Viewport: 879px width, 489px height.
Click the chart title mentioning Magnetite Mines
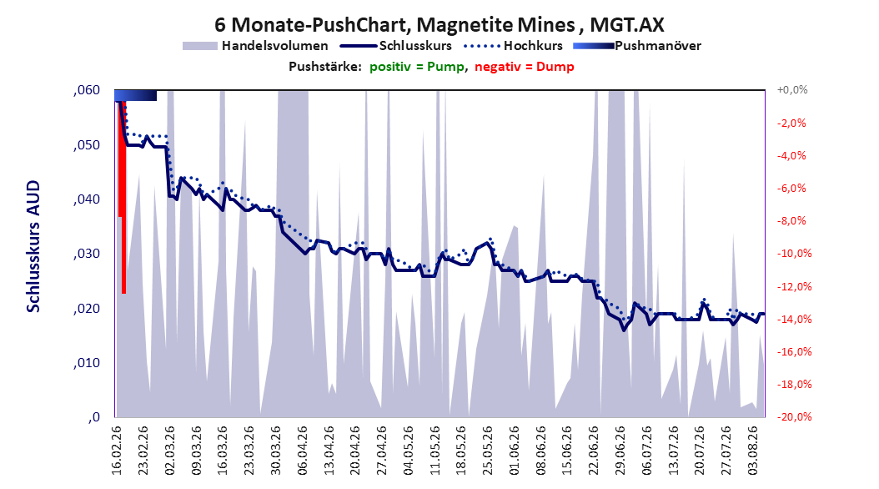coord(439,25)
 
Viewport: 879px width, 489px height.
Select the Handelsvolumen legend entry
coord(255,46)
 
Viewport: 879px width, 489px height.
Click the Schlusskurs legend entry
coord(396,46)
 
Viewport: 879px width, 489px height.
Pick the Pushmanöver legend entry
coord(637,46)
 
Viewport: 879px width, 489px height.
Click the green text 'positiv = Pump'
coord(417,67)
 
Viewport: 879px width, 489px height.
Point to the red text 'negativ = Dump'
coord(525,67)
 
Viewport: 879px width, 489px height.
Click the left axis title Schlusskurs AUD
coord(33,246)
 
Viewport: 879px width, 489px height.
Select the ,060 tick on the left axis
coord(87,90)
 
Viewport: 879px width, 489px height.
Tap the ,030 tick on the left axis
coord(87,254)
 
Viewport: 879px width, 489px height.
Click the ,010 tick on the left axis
coord(87,363)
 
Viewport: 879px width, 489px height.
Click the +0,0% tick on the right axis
coord(792,90)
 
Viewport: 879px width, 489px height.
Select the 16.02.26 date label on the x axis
coord(117,451)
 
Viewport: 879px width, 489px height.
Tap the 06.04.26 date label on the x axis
coord(302,451)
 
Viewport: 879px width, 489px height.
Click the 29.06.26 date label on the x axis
coord(620,451)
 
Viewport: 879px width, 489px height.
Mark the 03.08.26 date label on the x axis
coord(753,451)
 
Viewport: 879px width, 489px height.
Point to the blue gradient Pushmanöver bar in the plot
coord(136,95)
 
